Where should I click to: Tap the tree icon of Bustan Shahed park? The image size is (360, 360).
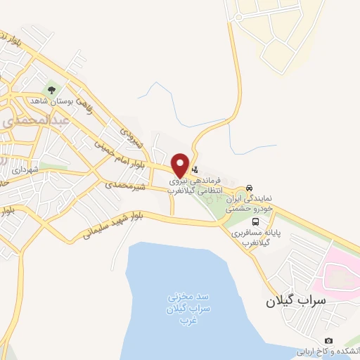pos(50,90)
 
